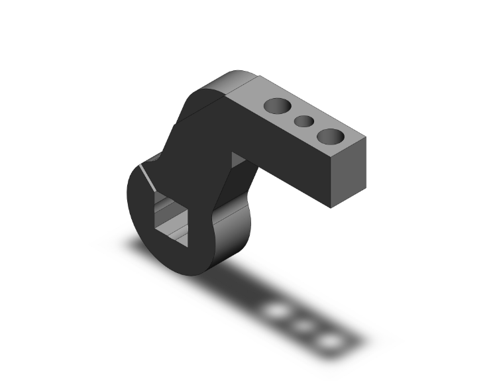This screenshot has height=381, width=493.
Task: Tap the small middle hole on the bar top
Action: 303,121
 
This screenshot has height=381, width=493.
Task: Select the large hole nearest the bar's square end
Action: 330,136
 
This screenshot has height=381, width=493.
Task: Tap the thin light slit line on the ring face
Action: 145,176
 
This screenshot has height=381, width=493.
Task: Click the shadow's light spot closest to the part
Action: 277,311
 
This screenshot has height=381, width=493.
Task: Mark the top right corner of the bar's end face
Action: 366,138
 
